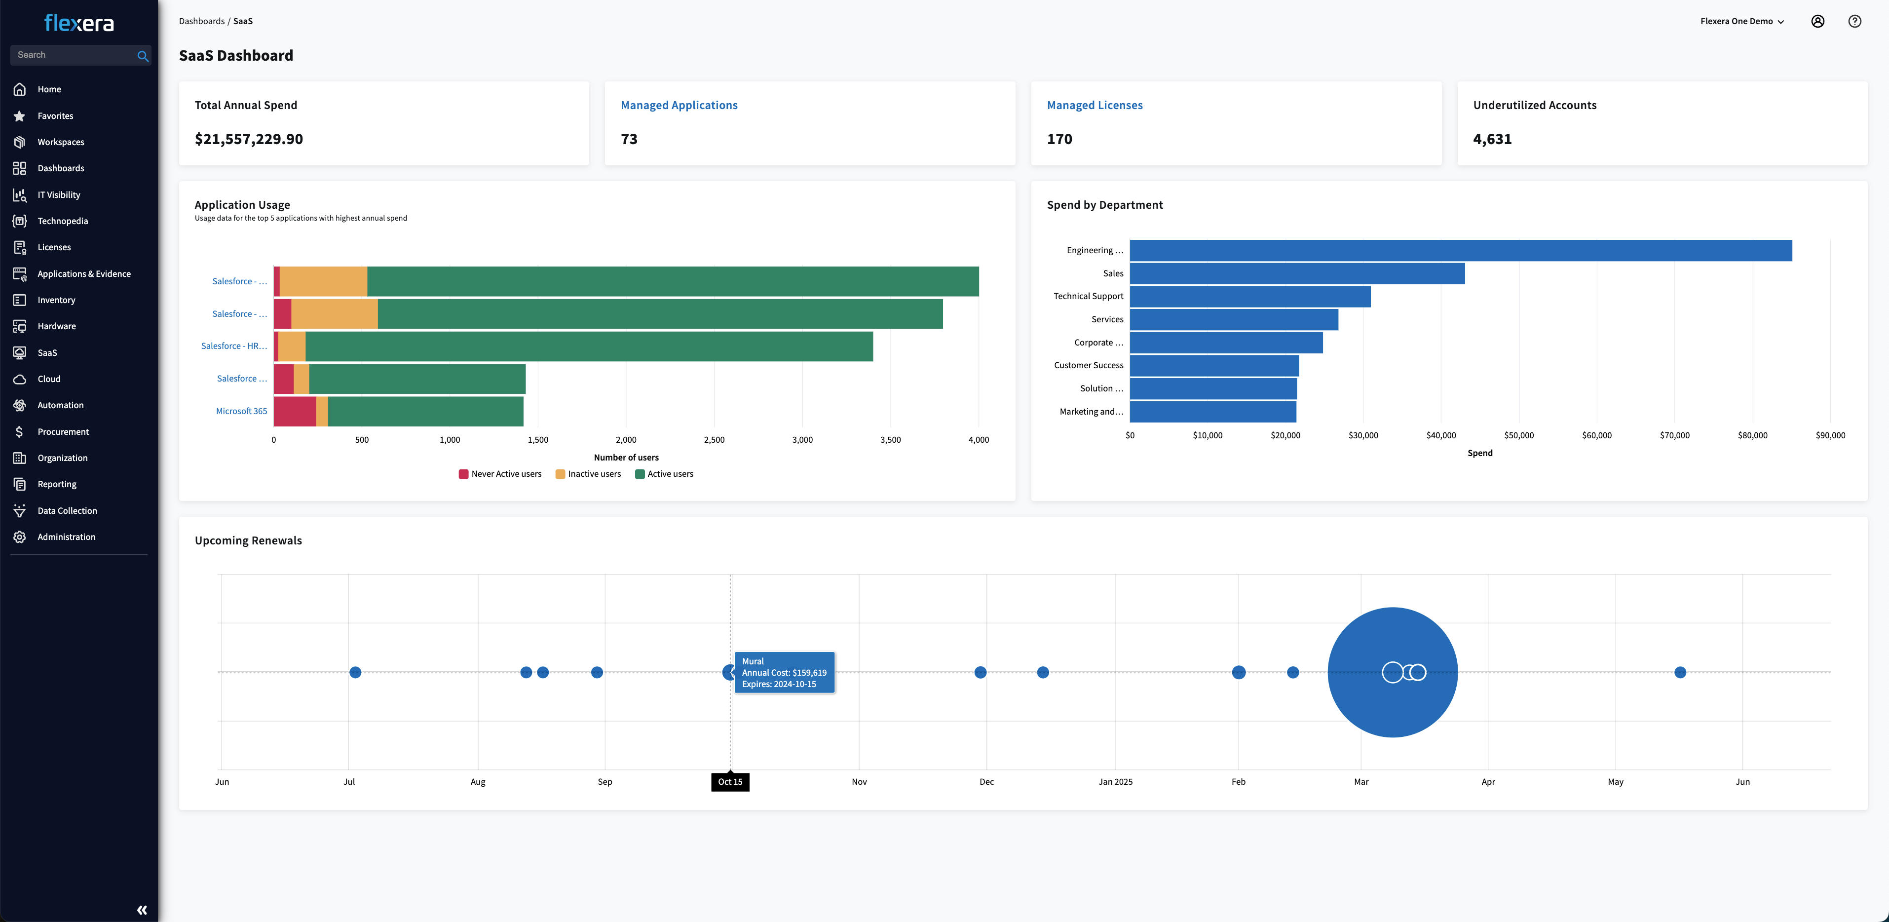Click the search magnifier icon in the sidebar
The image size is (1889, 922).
142,56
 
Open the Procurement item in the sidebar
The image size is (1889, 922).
63,431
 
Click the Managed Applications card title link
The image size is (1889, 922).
679,105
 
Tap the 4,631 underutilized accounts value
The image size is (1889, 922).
1492,139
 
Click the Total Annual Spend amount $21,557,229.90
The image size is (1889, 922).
249,139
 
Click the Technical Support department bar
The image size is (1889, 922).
1249,296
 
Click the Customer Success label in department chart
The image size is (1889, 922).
1088,365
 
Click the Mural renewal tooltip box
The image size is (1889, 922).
784,673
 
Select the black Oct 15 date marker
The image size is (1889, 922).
730,782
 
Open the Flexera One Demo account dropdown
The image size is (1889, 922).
1741,21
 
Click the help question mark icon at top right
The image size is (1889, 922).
1854,21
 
